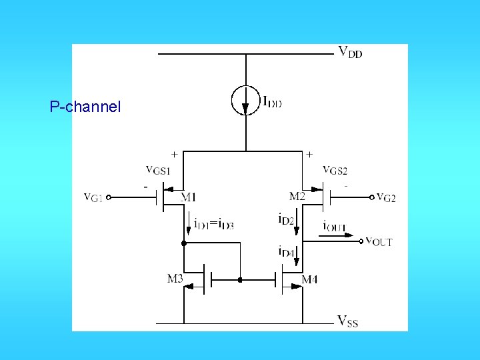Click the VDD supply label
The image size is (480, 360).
pos(350,51)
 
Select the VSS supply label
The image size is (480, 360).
pos(348,322)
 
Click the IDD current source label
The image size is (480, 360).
pos(272,102)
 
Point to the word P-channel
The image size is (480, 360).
pos(85,106)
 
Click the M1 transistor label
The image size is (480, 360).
pos(189,197)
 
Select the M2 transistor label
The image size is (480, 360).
pos(297,196)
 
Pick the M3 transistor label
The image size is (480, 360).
pos(175,278)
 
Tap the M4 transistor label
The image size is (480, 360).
pos(309,279)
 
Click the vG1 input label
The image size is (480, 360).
pos(93,197)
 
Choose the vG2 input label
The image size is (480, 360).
pos(386,197)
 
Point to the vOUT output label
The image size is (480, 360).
pos(379,241)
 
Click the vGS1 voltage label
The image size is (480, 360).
pos(159,169)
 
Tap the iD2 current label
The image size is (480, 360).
pos(286,218)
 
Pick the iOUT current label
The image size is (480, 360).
pos(335,226)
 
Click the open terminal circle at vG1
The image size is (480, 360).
pos(109,197)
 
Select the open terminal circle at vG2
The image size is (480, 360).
pos(372,197)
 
